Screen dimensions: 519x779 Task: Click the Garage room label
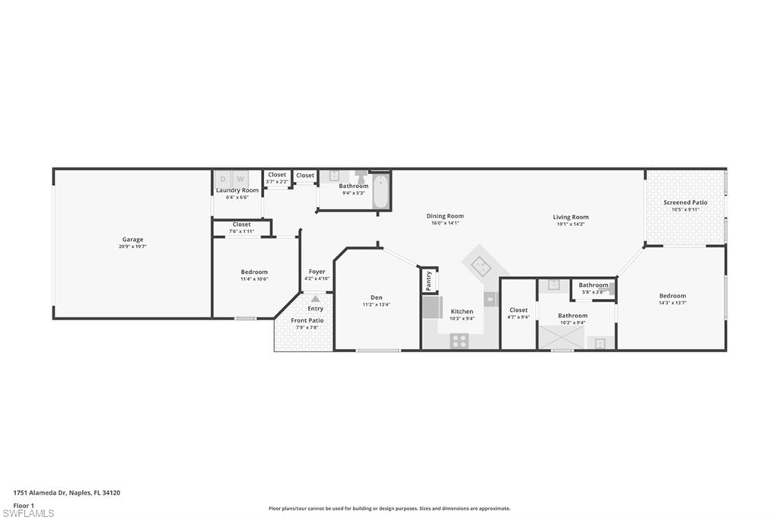[x=132, y=240]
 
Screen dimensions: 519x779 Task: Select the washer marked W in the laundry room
[x=239, y=179]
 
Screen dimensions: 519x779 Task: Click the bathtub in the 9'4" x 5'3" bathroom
[x=381, y=190]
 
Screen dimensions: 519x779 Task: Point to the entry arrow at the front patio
[x=315, y=299]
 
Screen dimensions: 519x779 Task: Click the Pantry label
[x=429, y=280]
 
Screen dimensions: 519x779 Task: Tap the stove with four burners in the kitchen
[x=459, y=341]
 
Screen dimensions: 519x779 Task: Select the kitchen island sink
[x=482, y=266]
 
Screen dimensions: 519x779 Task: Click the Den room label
[x=377, y=298]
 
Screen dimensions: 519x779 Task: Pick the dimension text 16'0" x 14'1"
[x=445, y=224]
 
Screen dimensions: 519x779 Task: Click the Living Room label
[x=571, y=217]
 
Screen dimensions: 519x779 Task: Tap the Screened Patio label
[x=685, y=202]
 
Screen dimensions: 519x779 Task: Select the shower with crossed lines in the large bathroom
[x=561, y=336]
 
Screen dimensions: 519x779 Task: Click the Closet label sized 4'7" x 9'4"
[x=518, y=310]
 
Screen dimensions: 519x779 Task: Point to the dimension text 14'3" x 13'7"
[x=672, y=303]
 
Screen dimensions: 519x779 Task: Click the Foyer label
[x=316, y=272]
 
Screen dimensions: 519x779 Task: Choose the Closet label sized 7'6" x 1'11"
[x=242, y=224]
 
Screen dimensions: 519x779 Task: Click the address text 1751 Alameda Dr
[x=46, y=492]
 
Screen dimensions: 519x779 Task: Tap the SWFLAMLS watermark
[x=28, y=513]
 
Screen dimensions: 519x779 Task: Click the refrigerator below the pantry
[x=433, y=307]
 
